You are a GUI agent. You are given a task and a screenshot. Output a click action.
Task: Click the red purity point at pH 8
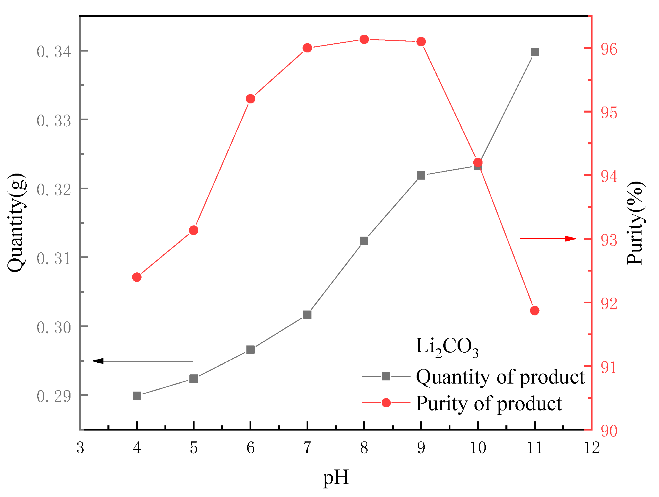pos(364,39)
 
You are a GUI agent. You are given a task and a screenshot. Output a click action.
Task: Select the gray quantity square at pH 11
pos(534,52)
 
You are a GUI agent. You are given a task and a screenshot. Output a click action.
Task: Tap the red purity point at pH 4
pos(136,277)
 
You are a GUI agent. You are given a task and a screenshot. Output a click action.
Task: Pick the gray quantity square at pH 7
pos(307,315)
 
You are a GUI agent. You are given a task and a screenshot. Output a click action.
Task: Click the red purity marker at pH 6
pos(250,99)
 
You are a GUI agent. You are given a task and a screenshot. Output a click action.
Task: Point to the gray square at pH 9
pos(421,175)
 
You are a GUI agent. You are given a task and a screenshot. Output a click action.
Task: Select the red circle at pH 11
pos(534,311)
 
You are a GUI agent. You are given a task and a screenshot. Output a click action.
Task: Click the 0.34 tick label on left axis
pos(54,52)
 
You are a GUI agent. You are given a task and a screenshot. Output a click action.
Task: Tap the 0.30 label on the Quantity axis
pos(54,327)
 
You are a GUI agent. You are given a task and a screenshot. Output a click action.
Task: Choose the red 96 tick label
pos(609,50)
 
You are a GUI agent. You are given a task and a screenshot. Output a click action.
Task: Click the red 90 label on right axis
pos(609,431)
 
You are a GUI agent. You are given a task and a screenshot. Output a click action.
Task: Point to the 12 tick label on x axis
pos(592,447)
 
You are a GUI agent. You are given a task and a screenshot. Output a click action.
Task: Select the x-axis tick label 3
pos(80,447)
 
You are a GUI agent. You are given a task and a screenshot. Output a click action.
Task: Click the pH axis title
pos(336,477)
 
